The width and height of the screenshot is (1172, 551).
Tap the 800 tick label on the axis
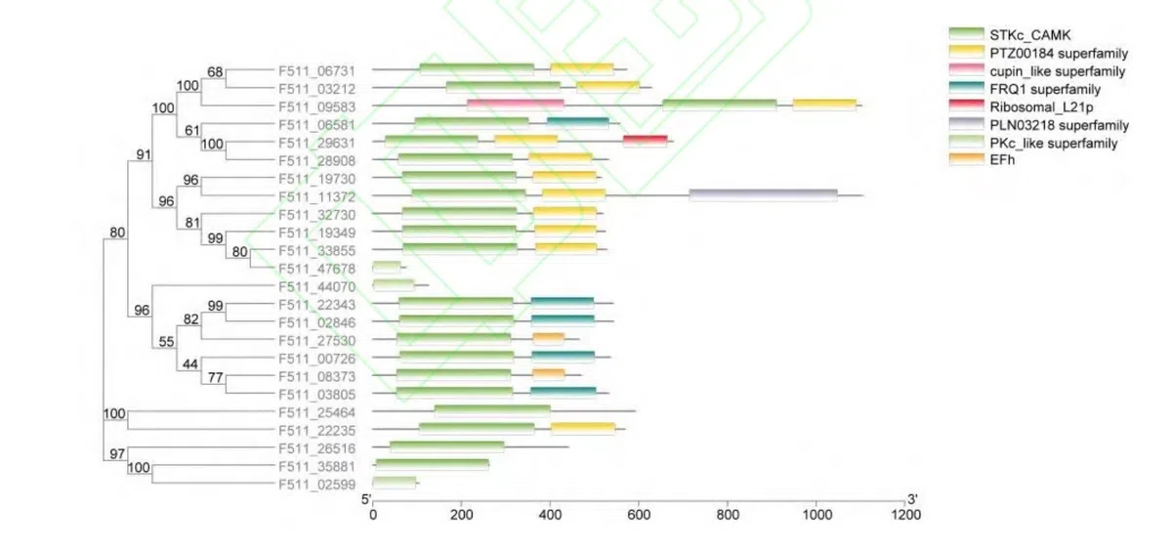728,515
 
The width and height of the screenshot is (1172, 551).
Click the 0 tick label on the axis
372,515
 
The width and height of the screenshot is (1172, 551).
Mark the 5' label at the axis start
367,499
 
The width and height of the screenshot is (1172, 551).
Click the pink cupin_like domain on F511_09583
515,106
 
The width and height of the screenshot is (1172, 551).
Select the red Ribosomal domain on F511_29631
645,142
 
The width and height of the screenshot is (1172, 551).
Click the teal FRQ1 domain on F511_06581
577,123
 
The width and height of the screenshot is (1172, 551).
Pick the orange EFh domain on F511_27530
548,339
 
